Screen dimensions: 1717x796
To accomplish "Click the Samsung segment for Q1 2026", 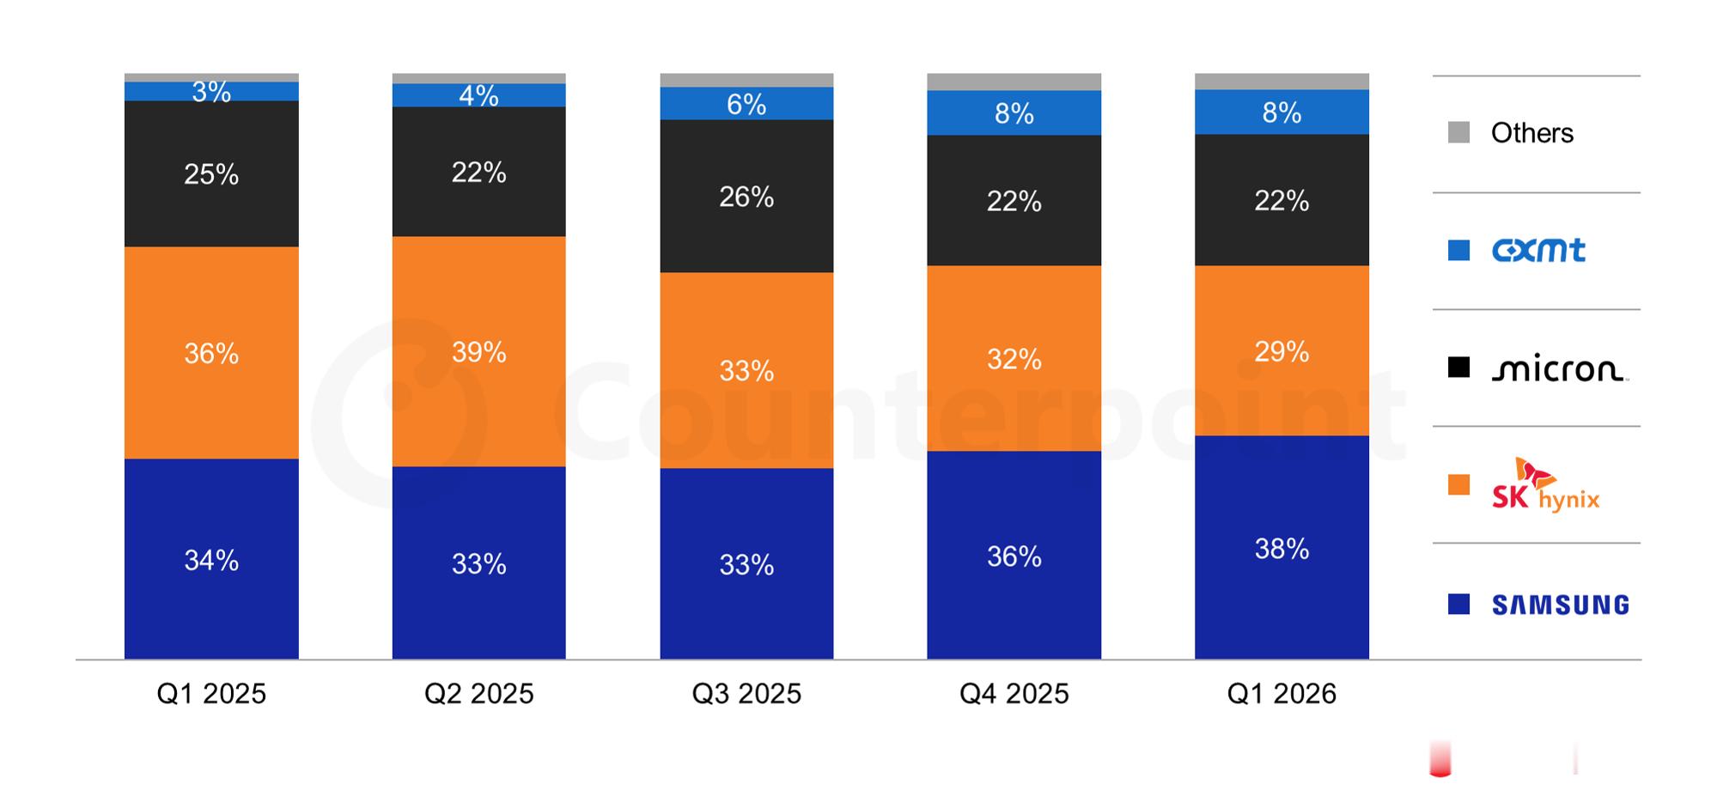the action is click(1282, 547).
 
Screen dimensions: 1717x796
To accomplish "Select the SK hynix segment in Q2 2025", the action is click(479, 351).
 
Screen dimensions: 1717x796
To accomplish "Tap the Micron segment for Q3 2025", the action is click(746, 196).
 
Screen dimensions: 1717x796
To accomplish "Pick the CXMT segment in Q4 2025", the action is click(1014, 112).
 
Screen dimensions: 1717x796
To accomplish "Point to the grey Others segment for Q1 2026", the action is click(1282, 82).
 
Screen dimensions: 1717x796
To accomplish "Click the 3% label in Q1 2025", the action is click(211, 92).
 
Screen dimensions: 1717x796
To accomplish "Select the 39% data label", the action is click(479, 352).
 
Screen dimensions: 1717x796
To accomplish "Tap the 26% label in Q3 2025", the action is click(746, 197).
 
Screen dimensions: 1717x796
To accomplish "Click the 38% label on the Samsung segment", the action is click(1282, 549).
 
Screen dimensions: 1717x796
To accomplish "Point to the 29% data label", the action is click(1282, 352).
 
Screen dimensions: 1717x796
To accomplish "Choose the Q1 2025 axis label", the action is click(211, 694).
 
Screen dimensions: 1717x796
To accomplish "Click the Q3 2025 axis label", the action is click(746, 694).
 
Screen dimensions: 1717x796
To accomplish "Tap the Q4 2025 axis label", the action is click(1014, 694).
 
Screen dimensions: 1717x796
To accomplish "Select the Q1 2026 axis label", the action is click(1282, 694).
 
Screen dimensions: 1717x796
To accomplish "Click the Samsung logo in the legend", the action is click(1560, 605).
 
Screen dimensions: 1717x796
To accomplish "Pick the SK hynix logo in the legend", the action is click(1545, 485).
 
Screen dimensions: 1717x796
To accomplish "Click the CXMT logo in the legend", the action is click(1538, 251).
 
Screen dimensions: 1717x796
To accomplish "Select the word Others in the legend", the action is click(1532, 133).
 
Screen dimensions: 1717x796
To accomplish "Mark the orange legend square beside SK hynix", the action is click(1458, 485).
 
